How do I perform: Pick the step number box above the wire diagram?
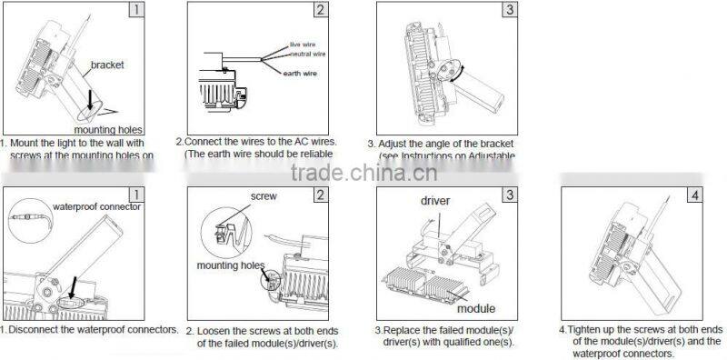pyautogui.click(x=319, y=11)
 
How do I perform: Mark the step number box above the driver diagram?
pyautogui.click(x=512, y=195)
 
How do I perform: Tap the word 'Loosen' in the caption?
pyautogui.click(x=215, y=331)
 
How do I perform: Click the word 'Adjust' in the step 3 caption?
pyautogui.click(x=396, y=144)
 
